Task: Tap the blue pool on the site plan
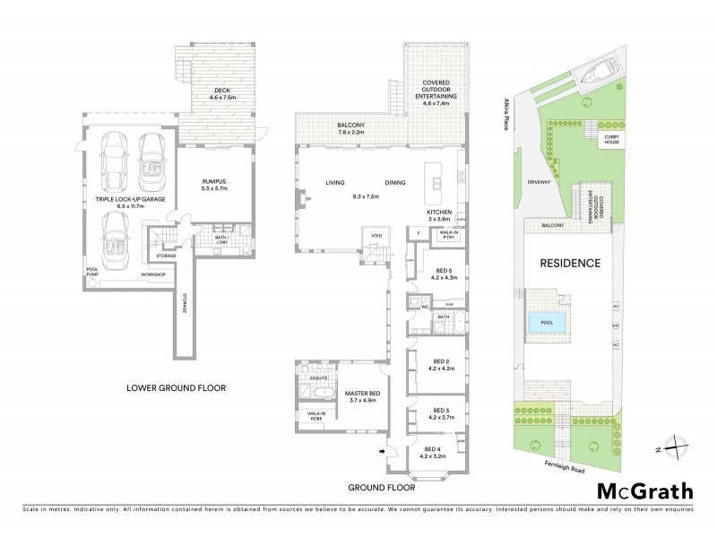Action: point(546,323)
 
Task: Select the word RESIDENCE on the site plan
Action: point(568,264)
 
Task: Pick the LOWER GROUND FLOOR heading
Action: point(175,389)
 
